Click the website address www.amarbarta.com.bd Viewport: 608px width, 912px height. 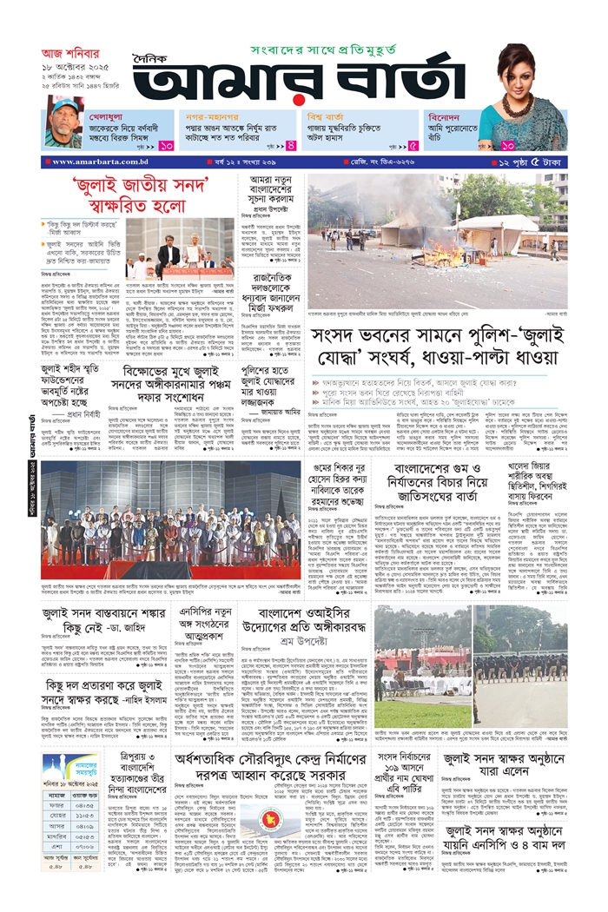coord(100,162)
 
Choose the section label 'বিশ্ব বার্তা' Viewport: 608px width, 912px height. coord(326,115)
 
